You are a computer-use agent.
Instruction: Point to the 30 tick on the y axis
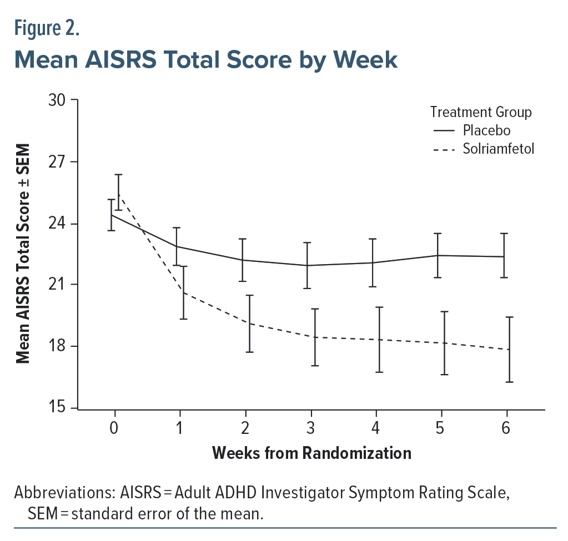pos(58,100)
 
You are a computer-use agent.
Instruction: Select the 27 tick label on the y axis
pos(58,162)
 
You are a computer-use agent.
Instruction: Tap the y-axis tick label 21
pos(58,285)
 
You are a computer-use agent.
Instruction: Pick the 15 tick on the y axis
pos(58,408)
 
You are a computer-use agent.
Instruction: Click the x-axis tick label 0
pos(114,428)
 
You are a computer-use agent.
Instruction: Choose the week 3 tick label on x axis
pos(311,428)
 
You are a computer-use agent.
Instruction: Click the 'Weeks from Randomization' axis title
pos(311,453)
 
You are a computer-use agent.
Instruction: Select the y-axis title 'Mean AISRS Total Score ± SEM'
pos(23,254)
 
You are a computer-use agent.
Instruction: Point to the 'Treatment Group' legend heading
pos(481,112)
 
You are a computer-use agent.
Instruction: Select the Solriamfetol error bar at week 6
pos(509,350)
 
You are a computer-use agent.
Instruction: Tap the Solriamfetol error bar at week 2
pos(249,323)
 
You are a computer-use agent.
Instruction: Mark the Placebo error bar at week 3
pos(306,265)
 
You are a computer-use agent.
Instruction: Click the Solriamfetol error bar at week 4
pos(380,340)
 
